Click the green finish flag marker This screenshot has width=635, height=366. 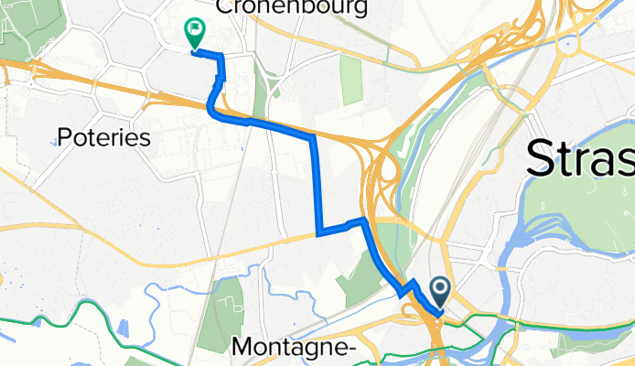(195, 33)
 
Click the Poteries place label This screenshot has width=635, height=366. (103, 137)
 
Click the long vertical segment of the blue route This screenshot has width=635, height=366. (316, 183)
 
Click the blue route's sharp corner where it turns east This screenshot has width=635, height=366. (318, 232)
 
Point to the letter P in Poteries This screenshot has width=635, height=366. (64, 137)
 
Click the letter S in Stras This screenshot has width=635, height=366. (543, 161)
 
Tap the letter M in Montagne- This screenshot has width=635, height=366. (244, 347)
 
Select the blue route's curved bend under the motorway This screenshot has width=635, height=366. (213, 108)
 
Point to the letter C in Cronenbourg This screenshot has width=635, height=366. (222, 8)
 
